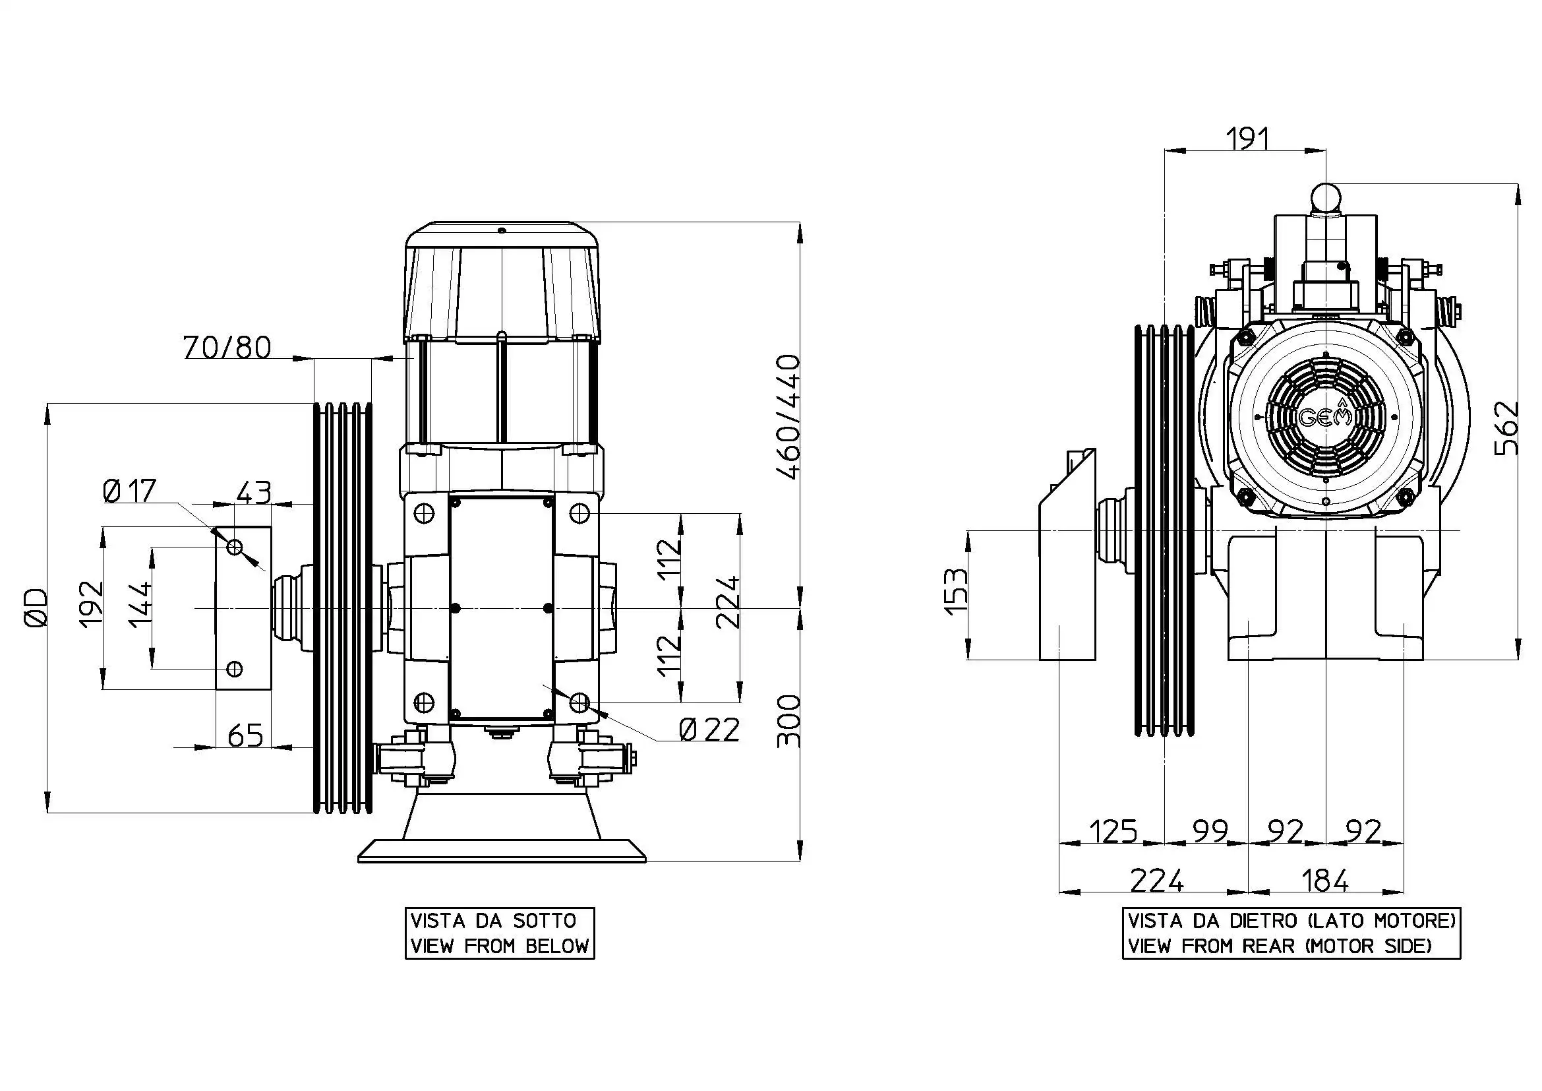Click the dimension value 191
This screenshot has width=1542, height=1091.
click(1247, 139)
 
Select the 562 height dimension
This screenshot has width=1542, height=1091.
click(1506, 428)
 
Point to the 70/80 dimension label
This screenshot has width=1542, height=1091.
click(227, 348)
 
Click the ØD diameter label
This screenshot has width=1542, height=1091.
click(35, 608)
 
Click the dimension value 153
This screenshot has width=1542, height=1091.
click(957, 591)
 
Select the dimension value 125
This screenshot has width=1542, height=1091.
click(1113, 831)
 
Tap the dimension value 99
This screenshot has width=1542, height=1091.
click(1210, 831)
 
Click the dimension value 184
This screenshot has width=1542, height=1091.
click(1324, 880)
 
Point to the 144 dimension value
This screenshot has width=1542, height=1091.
click(140, 606)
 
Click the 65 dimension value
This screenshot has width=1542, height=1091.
click(245, 735)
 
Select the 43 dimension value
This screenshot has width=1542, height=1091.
click(253, 493)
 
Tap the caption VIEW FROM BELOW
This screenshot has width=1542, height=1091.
click(499, 946)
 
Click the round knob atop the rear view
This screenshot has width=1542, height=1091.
click(1325, 198)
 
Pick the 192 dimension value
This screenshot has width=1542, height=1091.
click(92, 604)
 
